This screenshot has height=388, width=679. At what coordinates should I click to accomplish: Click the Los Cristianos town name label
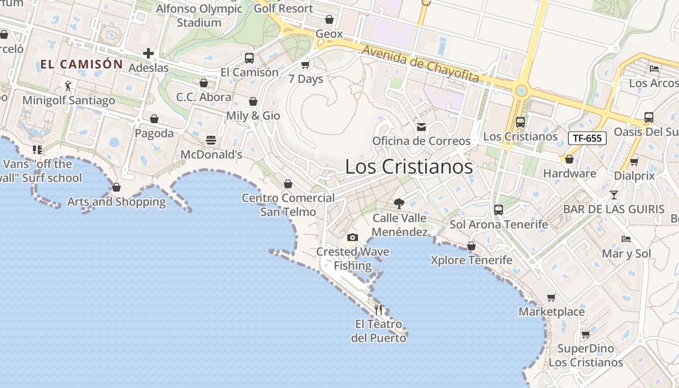pos(408,167)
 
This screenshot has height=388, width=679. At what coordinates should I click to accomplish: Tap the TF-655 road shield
pos(587,138)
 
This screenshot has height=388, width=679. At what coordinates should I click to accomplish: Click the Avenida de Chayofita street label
pos(420,64)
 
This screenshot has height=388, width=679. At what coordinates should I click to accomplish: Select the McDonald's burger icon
pos(211,140)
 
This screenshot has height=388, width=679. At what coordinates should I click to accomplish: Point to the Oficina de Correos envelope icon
pos(421,127)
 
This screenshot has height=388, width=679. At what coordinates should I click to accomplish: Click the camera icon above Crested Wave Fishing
pos(353,237)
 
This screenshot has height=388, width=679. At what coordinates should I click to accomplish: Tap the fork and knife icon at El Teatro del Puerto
pos(379,309)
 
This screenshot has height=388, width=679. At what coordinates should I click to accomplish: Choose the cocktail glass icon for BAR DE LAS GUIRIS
pos(614,195)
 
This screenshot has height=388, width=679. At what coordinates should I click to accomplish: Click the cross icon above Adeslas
pos(148,53)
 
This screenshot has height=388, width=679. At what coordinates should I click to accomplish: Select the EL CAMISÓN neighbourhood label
pos(81,64)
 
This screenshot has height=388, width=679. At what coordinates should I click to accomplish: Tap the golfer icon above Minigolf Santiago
pos(68,86)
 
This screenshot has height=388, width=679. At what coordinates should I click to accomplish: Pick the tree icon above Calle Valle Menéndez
pos(399,204)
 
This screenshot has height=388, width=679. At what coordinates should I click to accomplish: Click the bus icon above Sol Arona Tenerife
pos(499,210)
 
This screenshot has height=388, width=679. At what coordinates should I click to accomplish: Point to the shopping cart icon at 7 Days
pos(306,65)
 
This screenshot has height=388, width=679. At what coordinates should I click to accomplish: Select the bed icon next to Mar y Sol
pos(626,239)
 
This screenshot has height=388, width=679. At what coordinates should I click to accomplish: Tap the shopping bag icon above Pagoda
pos(154,119)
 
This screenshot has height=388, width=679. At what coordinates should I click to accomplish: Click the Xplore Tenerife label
pos(471,260)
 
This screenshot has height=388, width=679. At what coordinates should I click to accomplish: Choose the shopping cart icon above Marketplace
pos(551,297)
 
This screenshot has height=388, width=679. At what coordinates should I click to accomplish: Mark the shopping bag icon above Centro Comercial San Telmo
pos(288,184)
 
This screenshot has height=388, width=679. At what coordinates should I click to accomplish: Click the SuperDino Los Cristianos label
pos(585,356)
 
